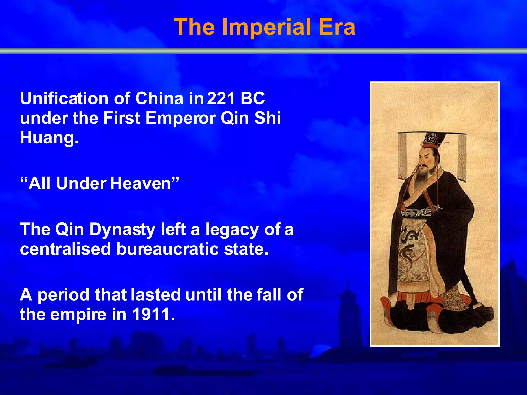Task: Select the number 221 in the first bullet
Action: tap(221, 98)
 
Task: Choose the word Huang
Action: tap(49, 138)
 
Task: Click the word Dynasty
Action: tap(122, 229)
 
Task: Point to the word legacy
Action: tap(232, 229)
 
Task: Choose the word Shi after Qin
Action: tap(267, 118)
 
